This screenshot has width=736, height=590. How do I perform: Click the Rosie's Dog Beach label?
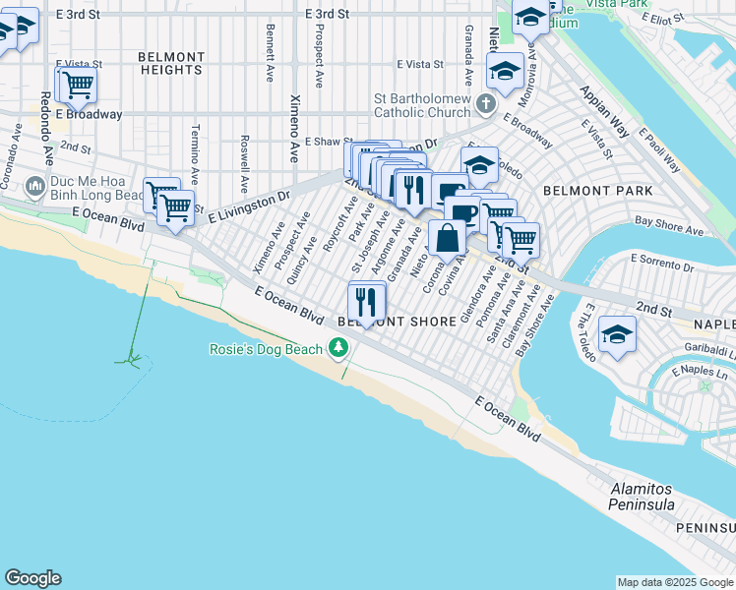(x=267, y=349)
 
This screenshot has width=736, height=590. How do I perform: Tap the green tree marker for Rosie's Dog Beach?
(x=338, y=347)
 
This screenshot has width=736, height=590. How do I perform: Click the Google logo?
(x=32, y=578)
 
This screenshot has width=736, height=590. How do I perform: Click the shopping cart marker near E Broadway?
(x=77, y=85)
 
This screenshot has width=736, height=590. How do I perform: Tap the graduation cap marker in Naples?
(x=617, y=334)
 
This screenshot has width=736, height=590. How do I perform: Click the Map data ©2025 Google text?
(x=675, y=582)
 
